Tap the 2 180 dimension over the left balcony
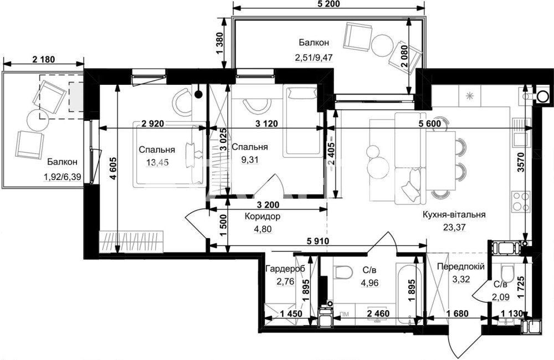[x=43, y=59]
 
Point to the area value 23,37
[x=454, y=227]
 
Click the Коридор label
[x=263, y=216]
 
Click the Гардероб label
[x=285, y=268]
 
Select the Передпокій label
[x=461, y=266]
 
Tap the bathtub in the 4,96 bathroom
[x=409, y=292]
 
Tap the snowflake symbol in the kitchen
[x=470, y=96]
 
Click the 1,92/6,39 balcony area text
[x=63, y=176]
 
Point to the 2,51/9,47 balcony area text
[x=314, y=57]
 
